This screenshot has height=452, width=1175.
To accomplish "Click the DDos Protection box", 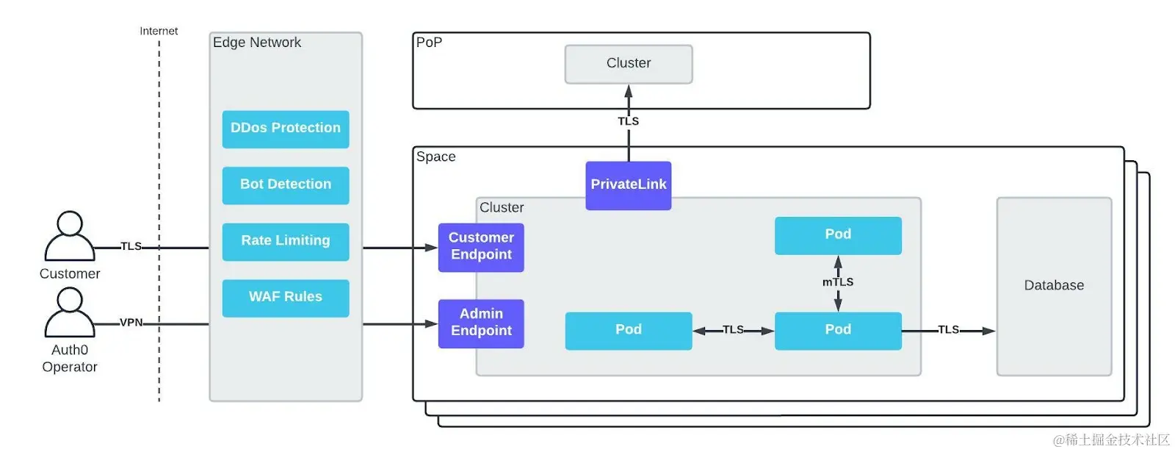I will pos(285,129).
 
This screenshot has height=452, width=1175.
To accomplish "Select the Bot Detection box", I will pos(285,184).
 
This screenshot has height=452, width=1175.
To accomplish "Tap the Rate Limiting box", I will pos(285,241).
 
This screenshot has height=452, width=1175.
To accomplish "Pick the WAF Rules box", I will pos(285,298).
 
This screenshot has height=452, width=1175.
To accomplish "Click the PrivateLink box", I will pos(628,185).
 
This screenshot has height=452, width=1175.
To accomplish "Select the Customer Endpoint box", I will pos(481,247).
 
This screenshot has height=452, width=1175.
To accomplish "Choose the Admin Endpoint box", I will pos(481,323).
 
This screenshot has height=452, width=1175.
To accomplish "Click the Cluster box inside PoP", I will pos(628,64).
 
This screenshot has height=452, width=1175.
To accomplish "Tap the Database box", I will pos(1053,286).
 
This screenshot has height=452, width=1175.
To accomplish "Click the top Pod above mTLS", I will pos(837,235).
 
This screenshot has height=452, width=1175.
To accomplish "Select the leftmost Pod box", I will pos(628,330).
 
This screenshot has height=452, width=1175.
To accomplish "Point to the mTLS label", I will pos(837,282).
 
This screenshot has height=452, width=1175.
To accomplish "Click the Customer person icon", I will pos(70,237).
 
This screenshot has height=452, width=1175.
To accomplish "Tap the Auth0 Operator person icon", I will pos(70,312).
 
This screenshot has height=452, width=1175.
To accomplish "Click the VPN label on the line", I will pos(131,323).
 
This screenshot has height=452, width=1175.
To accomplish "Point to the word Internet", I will pos(159,31).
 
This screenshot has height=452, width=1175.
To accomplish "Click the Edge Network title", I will pos(256,43).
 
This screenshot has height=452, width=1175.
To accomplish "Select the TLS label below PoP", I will pos(628,121).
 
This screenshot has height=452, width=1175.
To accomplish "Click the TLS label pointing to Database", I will pos(948,330).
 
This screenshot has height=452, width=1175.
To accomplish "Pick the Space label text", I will pos(435,157).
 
